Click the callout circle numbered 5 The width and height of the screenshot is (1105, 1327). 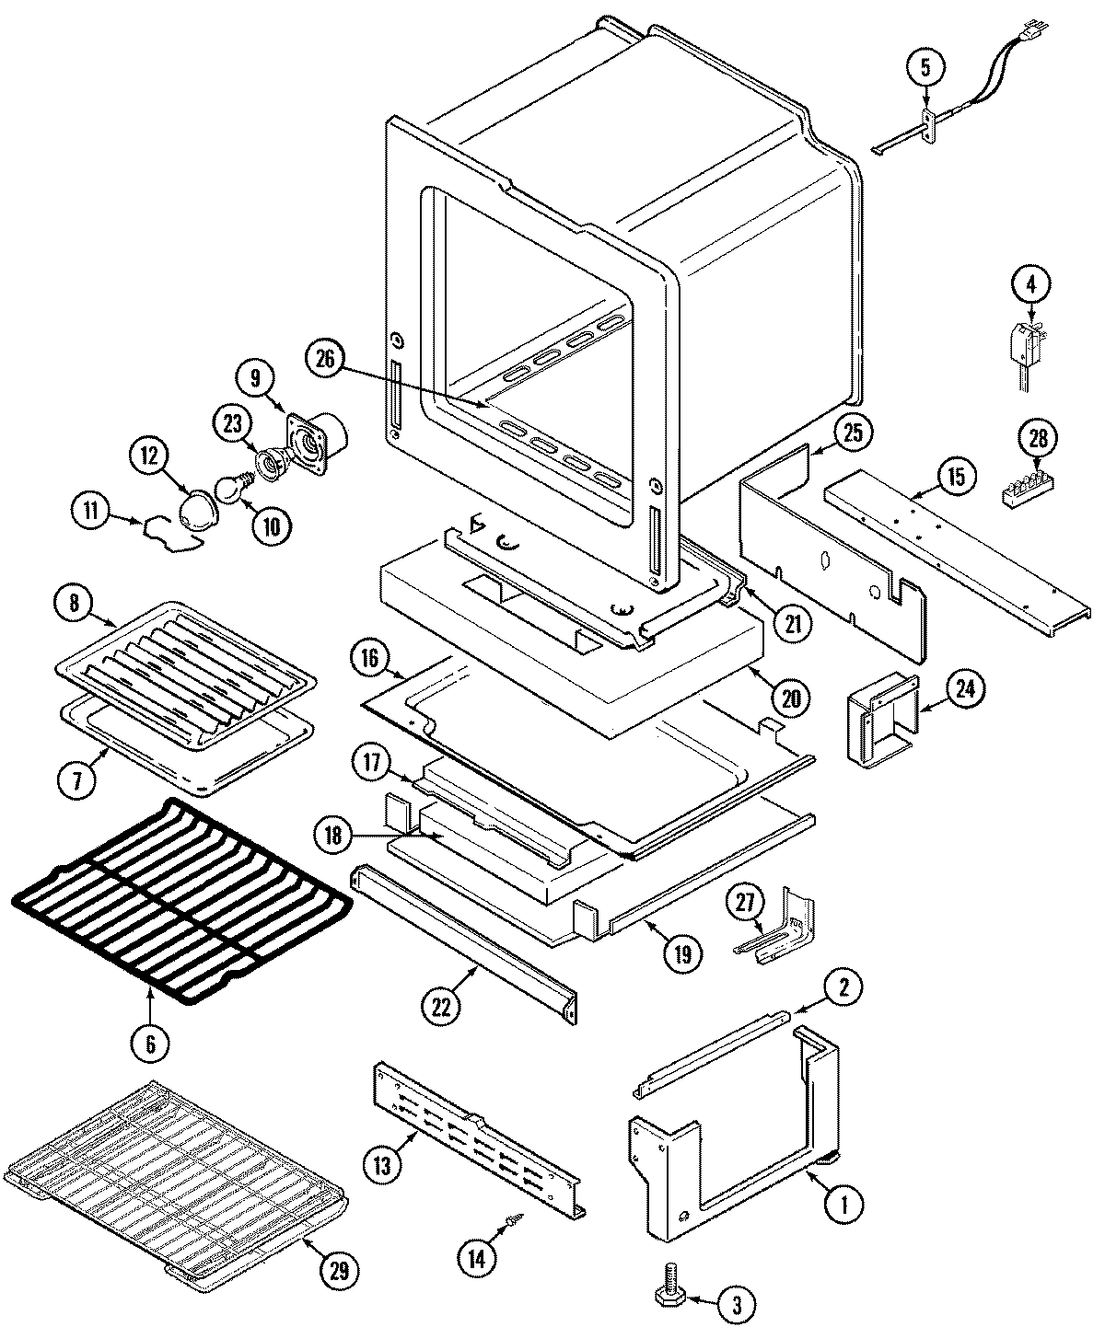pyautogui.click(x=926, y=66)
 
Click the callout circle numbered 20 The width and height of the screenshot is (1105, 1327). pyautogui.click(x=791, y=698)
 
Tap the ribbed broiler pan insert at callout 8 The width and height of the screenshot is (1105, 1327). pyautogui.click(x=189, y=663)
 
